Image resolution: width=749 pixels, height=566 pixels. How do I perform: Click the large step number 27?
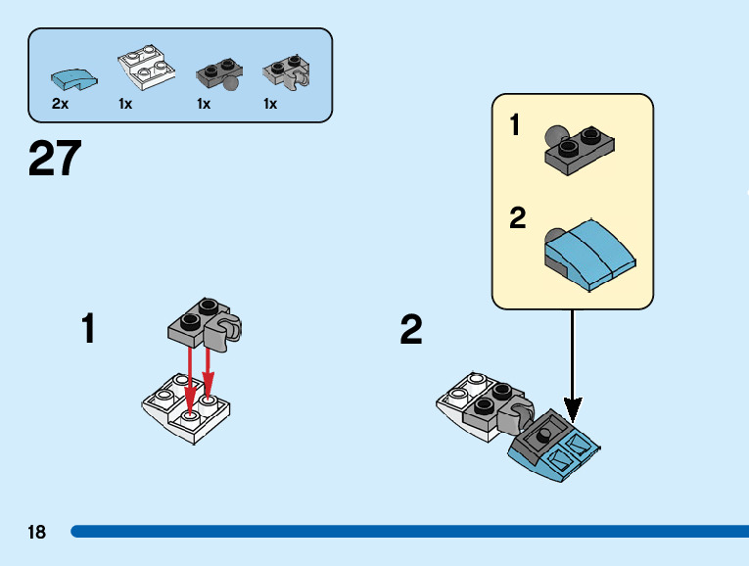pos(55,159)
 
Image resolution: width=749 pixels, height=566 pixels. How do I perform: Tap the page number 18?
pos(37,533)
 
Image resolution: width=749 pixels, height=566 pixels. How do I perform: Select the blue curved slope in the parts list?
pos(74,76)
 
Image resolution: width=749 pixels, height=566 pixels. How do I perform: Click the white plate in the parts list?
pos(145,69)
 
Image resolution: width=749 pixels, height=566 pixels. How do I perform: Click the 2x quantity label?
pos(60,104)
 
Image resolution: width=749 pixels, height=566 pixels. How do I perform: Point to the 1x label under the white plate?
pos(125,104)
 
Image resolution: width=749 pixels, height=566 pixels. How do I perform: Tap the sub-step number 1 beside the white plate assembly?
pos(89,329)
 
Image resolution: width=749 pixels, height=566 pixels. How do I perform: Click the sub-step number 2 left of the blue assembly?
pos(411,331)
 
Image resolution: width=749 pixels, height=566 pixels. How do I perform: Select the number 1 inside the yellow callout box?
pos(516,126)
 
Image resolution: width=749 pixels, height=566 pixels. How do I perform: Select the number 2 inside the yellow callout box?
pos(518,217)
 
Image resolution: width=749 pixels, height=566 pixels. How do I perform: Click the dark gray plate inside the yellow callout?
pos(582,149)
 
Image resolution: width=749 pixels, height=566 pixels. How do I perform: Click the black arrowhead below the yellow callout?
pos(573,408)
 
